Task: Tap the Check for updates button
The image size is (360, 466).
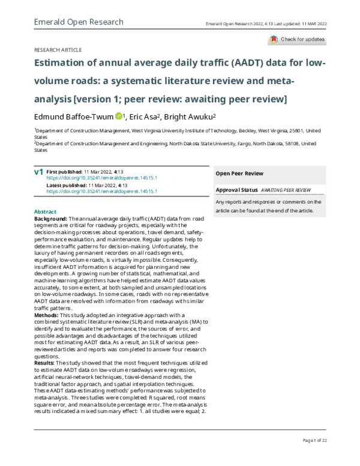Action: [x=296, y=40]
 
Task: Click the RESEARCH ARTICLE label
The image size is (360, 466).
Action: [x=58, y=50]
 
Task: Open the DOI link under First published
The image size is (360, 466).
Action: [x=102, y=162]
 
